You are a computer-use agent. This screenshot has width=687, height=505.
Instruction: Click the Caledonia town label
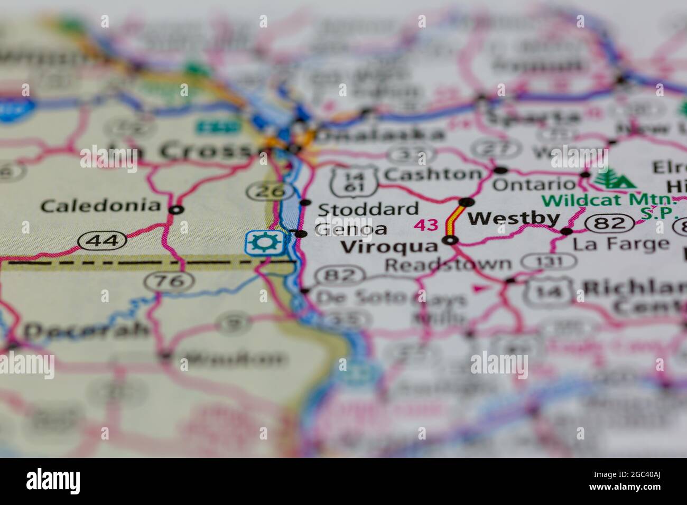[100, 205]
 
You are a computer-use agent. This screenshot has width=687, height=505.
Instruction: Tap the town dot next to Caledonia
[176, 210]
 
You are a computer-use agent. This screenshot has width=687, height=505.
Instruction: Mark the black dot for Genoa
[301, 234]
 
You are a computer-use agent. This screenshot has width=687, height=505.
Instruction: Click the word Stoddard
[368, 209]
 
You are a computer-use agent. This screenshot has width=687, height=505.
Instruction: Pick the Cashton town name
[433, 174]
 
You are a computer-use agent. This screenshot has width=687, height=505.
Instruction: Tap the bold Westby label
[514, 218]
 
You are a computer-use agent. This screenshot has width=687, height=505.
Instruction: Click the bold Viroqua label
[389, 247]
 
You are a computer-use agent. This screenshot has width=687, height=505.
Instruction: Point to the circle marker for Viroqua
[450, 240]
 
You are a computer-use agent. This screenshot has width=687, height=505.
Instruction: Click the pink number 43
[426, 225]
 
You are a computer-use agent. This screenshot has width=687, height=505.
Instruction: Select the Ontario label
[533, 184]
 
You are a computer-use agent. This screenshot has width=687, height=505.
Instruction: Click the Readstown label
[448, 264]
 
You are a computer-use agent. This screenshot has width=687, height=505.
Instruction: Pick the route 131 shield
[549, 261]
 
